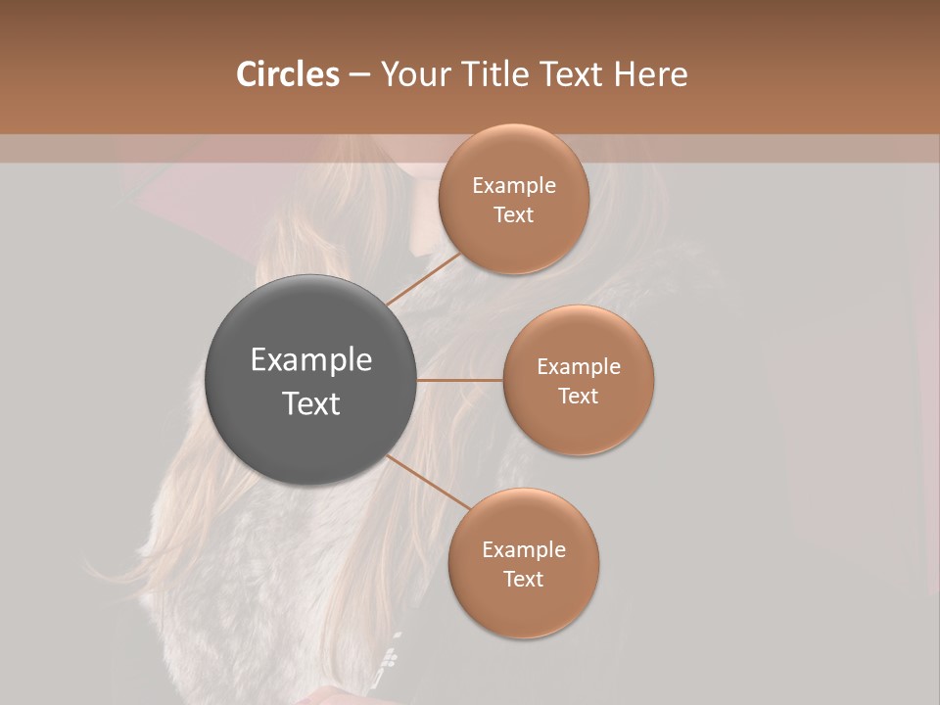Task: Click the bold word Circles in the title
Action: click(288, 74)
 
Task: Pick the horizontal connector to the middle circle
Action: click(459, 380)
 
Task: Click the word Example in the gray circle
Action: click(311, 360)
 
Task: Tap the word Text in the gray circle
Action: click(311, 403)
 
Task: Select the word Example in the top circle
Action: click(514, 185)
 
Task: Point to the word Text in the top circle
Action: click(514, 214)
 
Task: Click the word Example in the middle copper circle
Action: click(579, 366)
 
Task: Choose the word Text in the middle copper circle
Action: click(579, 396)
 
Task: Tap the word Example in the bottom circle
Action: click(524, 549)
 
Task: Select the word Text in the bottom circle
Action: click(524, 579)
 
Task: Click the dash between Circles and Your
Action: click(358, 74)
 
